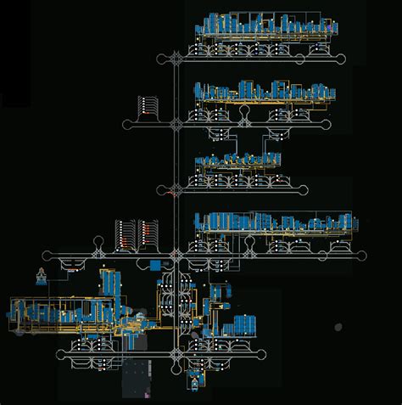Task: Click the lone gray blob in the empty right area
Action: click(338, 326)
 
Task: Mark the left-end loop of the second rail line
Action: click(128, 124)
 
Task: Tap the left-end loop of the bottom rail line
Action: click(60, 352)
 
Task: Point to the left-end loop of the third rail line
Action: click(161, 188)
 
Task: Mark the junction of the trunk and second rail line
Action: click(176, 124)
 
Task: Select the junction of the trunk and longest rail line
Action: click(176, 254)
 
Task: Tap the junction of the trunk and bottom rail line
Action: click(176, 352)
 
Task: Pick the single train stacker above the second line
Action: click(150, 106)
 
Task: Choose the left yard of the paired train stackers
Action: click(125, 233)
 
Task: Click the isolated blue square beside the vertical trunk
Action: click(157, 267)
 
